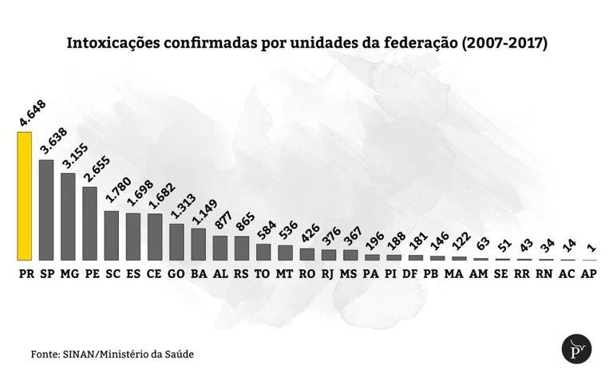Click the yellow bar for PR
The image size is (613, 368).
click(x=25, y=196)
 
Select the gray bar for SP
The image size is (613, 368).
click(x=46, y=209)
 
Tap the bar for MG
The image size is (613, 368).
click(x=68, y=216)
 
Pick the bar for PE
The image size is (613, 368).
click(x=89, y=223)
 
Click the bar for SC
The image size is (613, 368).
click(x=112, y=235)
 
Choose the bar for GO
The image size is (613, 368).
click(x=176, y=241)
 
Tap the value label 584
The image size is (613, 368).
click(x=264, y=229)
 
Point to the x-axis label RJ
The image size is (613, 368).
click(x=328, y=273)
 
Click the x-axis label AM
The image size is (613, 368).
click(x=480, y=273)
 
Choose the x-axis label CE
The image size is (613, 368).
click(x=155, y=273)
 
